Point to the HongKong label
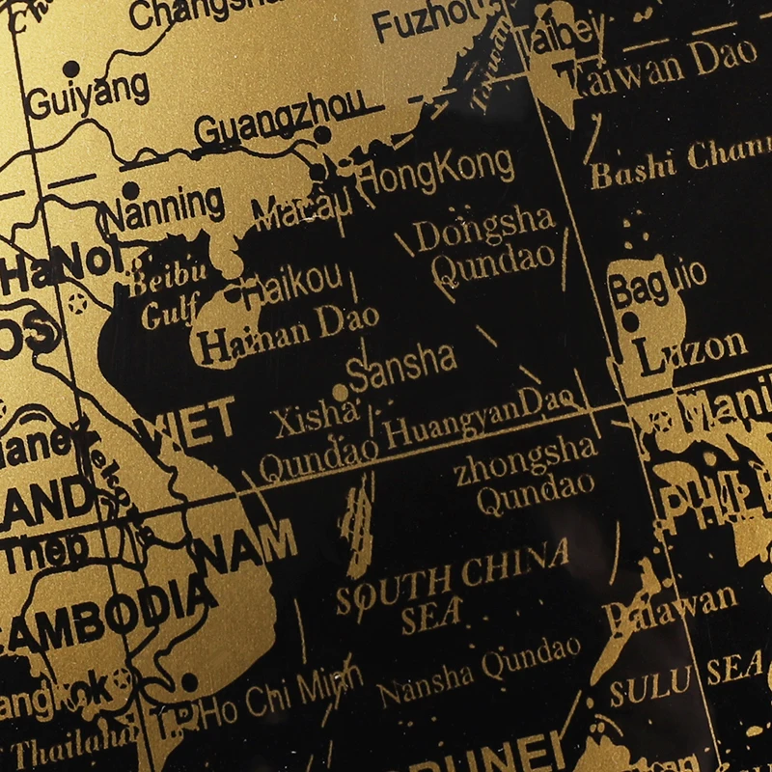click(435, 170)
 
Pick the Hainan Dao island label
click(287, 334)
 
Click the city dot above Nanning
click(130, 190)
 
